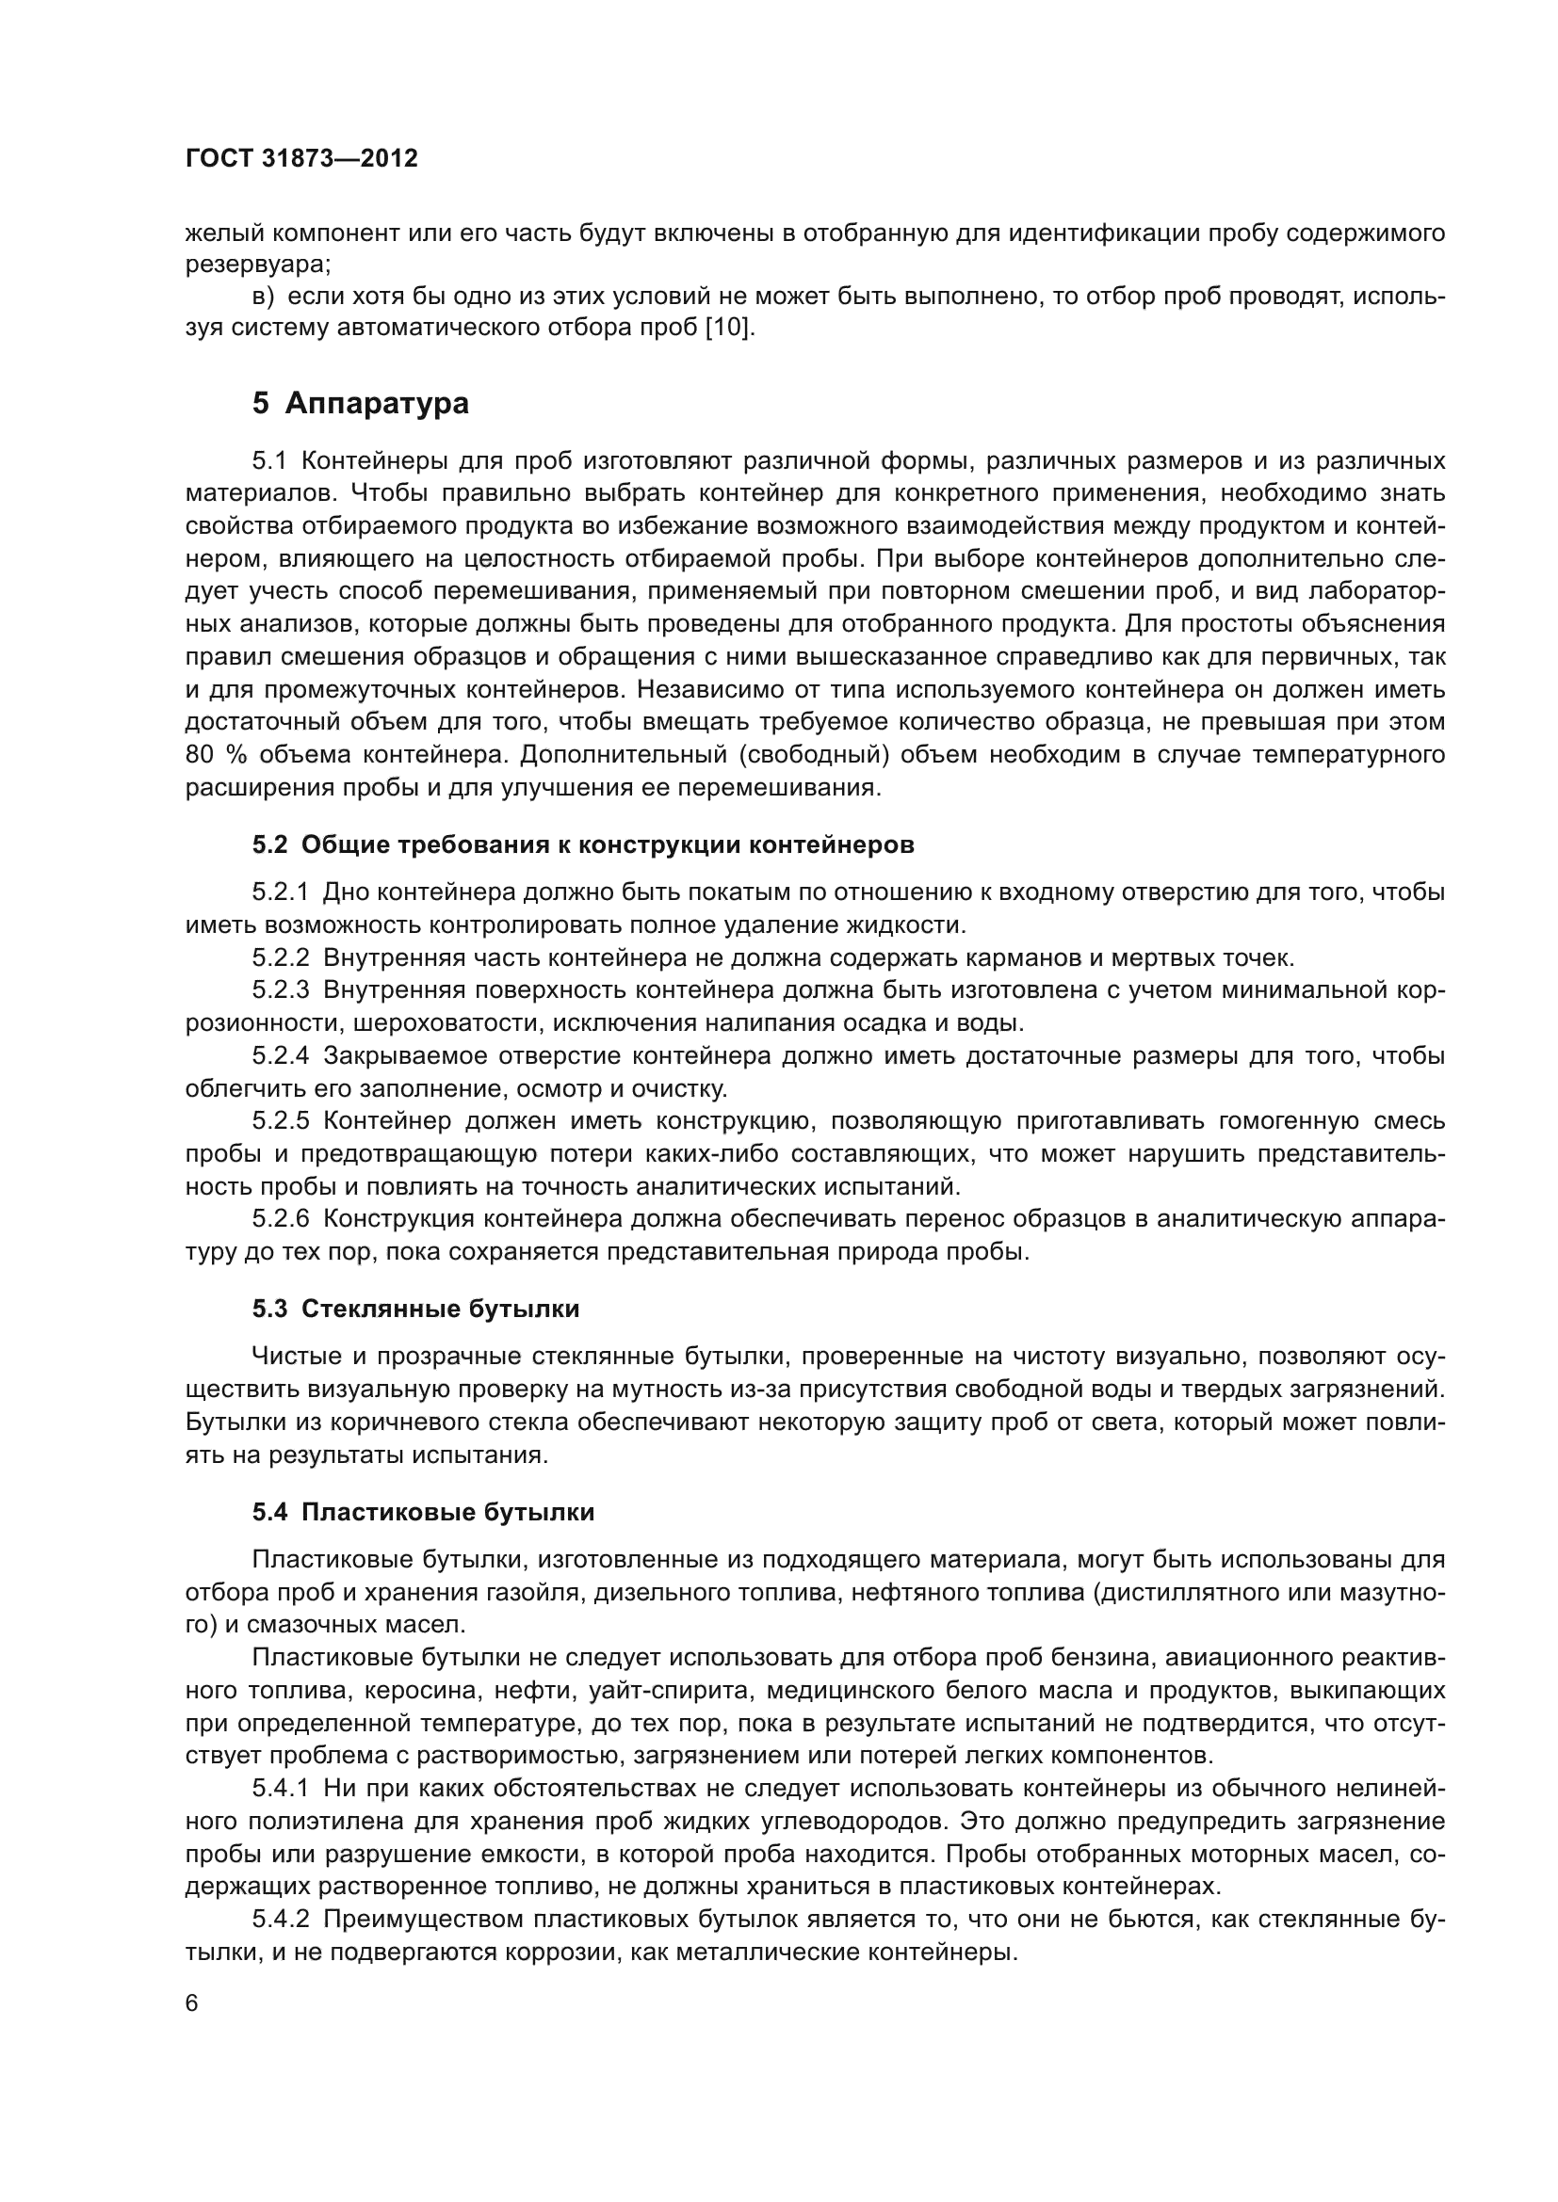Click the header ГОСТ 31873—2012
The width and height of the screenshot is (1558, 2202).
(301, 158)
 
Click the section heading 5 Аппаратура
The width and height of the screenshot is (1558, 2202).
(361, 404)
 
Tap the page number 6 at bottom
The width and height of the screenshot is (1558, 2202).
(192, 2003)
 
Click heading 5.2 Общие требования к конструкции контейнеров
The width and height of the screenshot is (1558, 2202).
(583, 844)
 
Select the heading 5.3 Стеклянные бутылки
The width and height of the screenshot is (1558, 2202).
(415, 1310)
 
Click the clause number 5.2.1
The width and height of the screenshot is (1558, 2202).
(280, 892)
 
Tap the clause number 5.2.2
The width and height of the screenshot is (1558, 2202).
(280, 957)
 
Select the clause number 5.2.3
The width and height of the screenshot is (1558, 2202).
(280, 989)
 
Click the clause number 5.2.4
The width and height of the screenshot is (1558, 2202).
(280, 1056)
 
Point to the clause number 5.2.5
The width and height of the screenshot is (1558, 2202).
(280, 1121)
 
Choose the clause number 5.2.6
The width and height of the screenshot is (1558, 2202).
(280, 1219)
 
